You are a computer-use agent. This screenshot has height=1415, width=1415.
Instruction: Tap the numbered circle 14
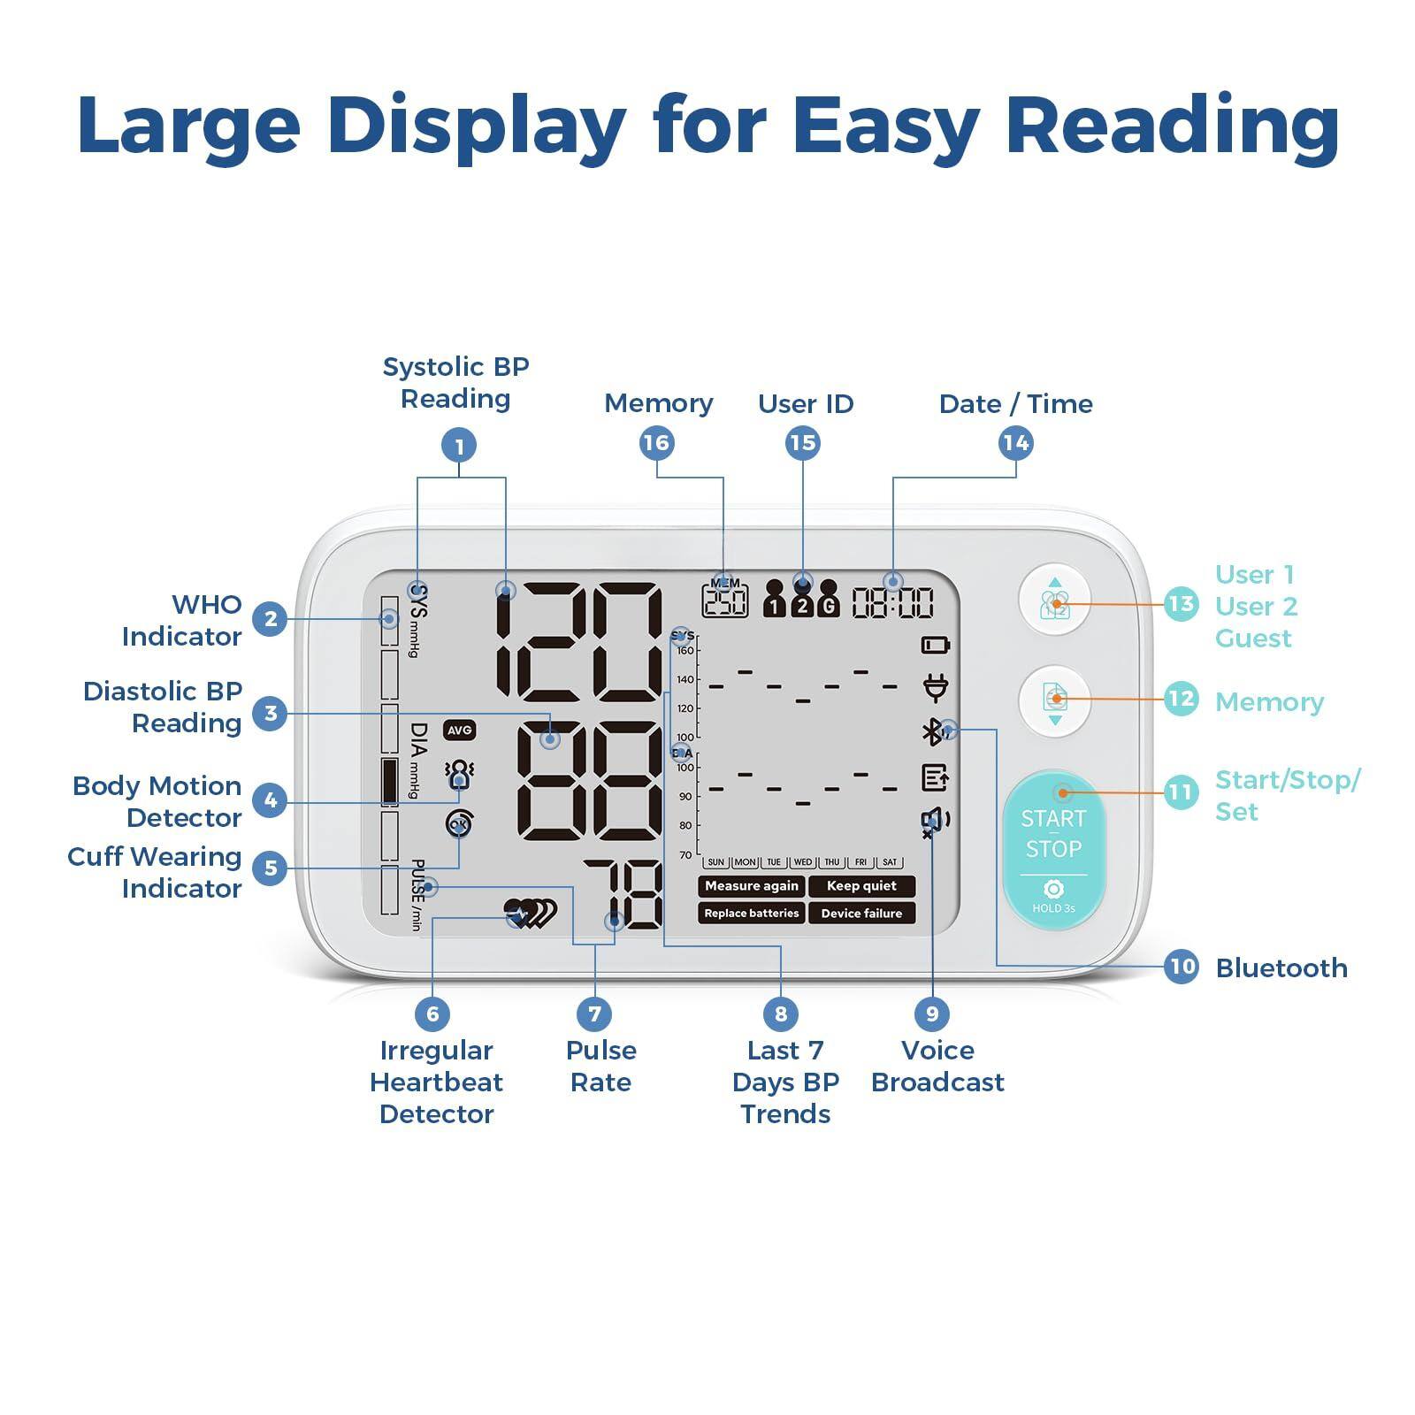pyautogui.click(x=1015, y=443)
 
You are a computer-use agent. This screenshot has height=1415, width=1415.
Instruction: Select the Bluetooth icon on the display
pyautogui.click(x=931, y=732)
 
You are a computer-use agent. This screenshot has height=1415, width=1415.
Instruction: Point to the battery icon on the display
pyautogui.click(x=935, y=645)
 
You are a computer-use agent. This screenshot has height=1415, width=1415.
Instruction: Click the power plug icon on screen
pyautogui.click(x=935, y=687)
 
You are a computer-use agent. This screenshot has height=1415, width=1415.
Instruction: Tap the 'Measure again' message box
pyautogui.click(x=751, y=886)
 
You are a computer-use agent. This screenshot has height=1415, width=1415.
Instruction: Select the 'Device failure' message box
pyautogui.click(x=861, y=914)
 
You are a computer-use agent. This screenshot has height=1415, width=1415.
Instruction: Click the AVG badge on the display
pyautogui.click(x=460, y=730)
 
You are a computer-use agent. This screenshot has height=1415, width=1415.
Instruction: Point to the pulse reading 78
pyautogui.click(x=623, y=895)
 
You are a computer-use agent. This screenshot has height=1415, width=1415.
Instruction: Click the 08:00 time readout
pyautogui.click(x=892, y=603)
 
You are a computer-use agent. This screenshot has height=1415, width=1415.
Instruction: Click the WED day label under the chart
pyautogui.click(x=802, y=862)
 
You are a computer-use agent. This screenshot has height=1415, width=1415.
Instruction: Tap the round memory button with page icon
pyautogui.click(x=1054, y=700)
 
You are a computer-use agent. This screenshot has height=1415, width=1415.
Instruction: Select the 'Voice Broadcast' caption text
pyautogui.click(x=937, y=1066)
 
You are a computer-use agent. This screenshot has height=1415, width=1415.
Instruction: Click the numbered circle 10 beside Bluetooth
pyautogui.click(x=1182, y=966)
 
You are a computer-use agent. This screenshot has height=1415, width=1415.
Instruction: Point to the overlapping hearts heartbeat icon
pyautogui.click(x=531, y=914)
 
